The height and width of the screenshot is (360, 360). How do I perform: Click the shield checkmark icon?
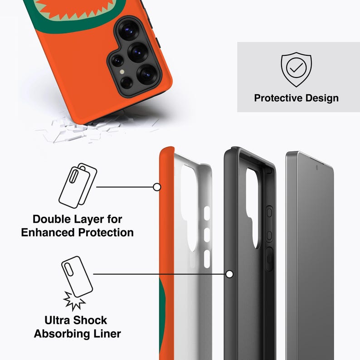tap(296, 69)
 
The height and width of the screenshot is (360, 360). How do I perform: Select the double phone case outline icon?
tap(78, 185)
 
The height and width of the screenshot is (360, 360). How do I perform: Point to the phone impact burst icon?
tap(77, 283)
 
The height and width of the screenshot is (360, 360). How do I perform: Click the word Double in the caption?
tap(52, 219)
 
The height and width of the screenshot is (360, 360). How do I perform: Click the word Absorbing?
tap(62, 334)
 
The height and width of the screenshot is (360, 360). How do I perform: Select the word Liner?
tap(107, 334)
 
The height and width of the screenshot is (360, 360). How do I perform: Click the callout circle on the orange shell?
tap(157, 187)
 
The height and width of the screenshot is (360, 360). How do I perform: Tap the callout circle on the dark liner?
tap(229, 274)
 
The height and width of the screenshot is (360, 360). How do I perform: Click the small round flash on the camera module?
tap(122, 72)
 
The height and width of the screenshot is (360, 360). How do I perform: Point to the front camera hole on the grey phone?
tap(317, 168)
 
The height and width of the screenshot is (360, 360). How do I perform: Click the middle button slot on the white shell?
tap(207, 235)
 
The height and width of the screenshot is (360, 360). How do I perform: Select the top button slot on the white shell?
tap(207, 213)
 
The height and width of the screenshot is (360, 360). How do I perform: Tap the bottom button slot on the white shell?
tap(207, 259)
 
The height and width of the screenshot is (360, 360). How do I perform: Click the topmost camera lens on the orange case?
tap(129, 29)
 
